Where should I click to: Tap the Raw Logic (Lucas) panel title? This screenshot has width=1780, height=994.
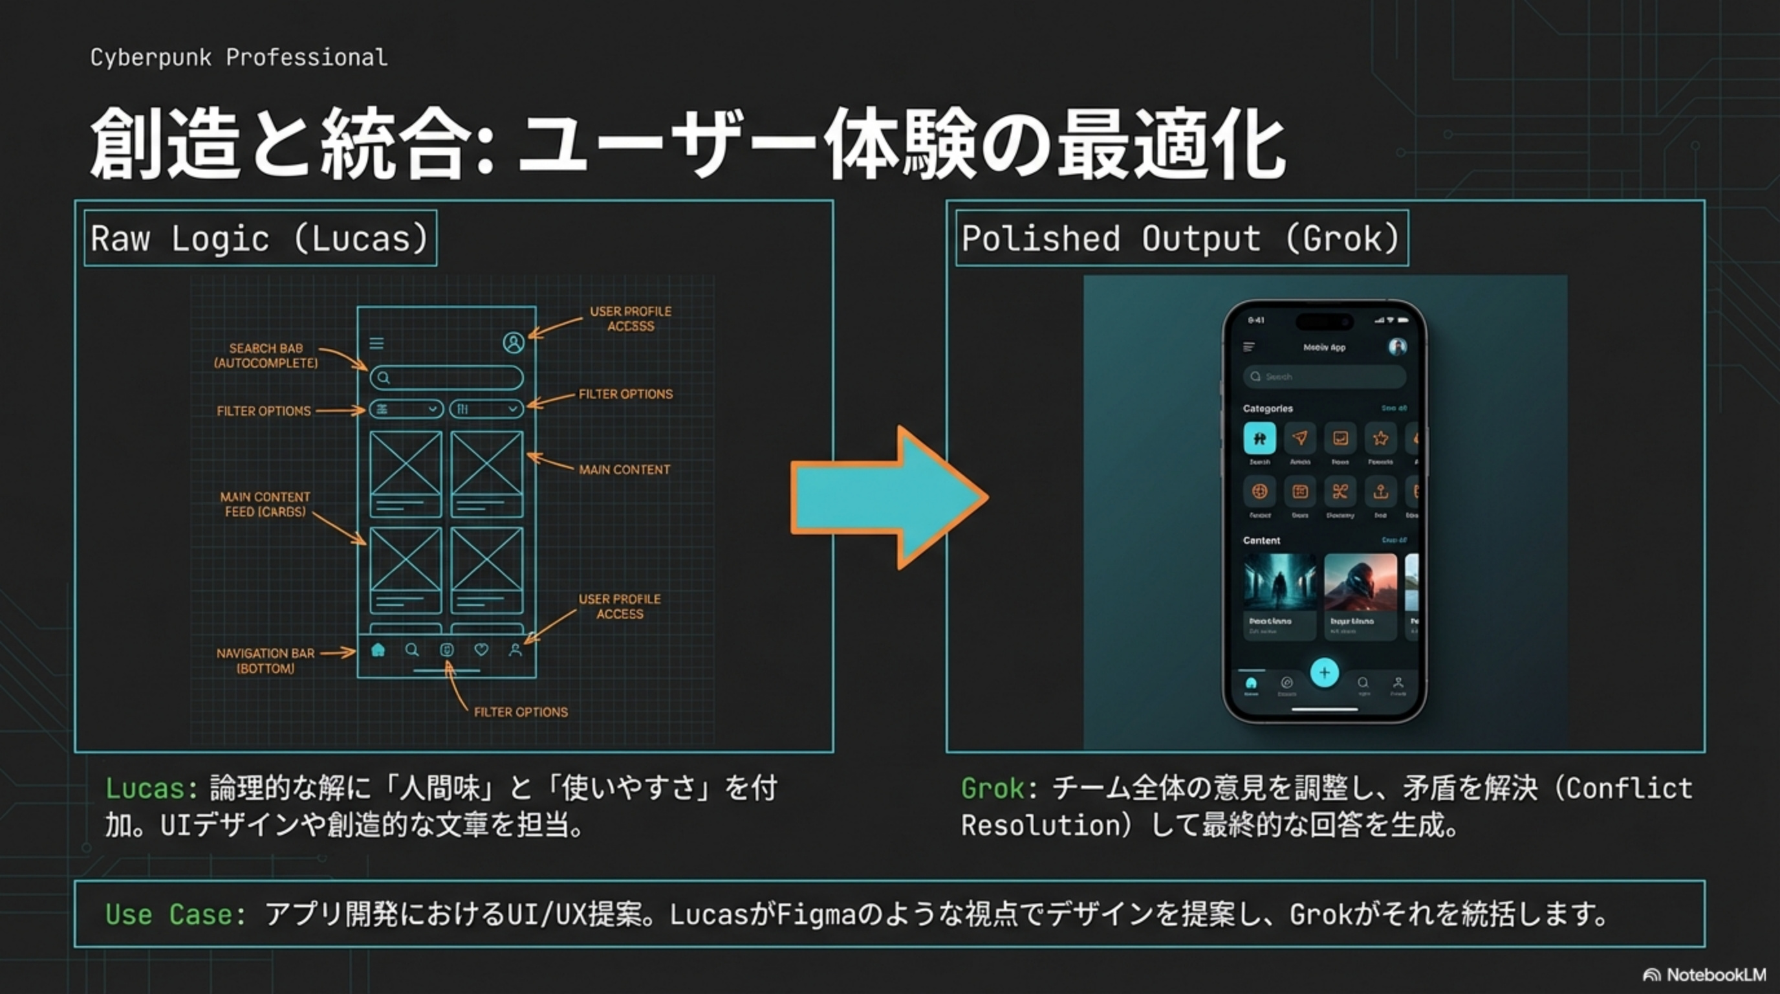260,239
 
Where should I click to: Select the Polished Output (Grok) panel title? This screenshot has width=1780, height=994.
1181,239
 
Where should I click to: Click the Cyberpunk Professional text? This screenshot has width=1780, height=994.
239,58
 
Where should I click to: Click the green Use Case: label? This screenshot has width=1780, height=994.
175,914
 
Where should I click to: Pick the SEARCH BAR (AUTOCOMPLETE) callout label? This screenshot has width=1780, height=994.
266,355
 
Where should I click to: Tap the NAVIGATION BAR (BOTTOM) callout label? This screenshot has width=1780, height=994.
265,661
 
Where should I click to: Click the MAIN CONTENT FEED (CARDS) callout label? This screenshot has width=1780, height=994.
265,505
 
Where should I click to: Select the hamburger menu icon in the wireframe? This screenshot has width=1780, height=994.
376,344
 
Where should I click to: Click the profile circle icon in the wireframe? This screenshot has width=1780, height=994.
514,342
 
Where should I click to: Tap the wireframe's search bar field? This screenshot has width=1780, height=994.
446,377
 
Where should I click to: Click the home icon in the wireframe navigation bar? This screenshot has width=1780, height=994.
378,650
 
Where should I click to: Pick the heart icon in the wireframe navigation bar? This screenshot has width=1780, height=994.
481,650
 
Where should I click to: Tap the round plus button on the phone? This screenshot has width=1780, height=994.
1324,672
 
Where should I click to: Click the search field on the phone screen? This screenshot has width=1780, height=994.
1324,377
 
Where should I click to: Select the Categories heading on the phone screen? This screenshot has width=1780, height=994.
1267,408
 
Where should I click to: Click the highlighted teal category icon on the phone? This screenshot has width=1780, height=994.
1259,438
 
